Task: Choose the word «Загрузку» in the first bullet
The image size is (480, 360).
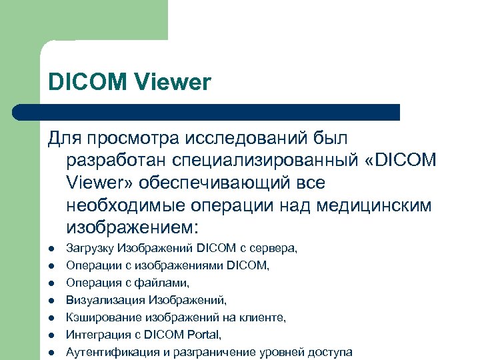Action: pyautogui.click(x=91, y=248)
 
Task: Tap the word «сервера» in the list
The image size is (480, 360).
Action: pyautogui.click(x=275, y=248)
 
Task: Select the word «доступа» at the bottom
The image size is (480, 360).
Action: pyautogui.click(x=329, y=352)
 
